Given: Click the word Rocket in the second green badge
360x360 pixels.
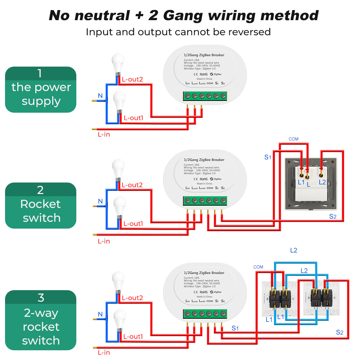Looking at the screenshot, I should [40, 204].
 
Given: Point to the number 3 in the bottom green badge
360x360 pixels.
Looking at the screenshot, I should [41, 298].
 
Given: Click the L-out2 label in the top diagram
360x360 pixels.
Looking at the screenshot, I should [132, 79].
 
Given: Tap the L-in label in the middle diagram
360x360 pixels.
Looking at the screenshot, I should [104, 241].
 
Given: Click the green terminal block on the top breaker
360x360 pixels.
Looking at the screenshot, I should [205, 96].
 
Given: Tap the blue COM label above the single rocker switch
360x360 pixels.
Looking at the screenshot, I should [293, 139].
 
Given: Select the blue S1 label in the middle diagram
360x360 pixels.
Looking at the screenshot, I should [267, 157].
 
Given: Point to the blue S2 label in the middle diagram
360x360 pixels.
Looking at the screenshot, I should [333, 216].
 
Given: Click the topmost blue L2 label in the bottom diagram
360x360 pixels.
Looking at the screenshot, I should [294, 250].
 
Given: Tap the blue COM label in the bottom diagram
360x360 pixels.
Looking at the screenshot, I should [258, 267].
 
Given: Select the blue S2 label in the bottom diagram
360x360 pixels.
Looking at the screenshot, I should [340, 332].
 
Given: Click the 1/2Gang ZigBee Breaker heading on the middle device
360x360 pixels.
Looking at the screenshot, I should [204, 159].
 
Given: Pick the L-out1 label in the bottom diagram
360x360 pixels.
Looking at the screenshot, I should [133, 337].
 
